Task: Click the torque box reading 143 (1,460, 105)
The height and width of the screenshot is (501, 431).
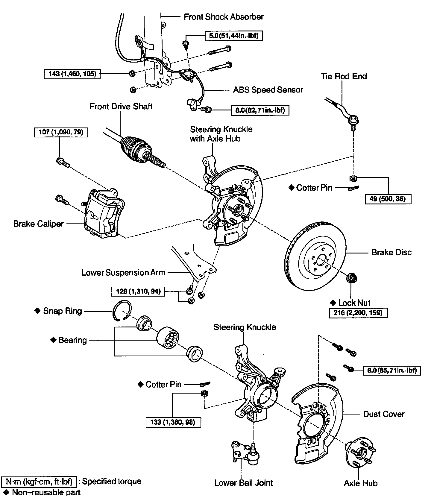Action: (x=72, y=74)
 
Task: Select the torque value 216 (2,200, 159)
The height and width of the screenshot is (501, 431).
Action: (x=358, y=313)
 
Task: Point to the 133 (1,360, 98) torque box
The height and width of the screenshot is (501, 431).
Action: (x=173, y=422)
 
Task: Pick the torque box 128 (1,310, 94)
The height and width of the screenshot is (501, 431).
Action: (x=138, y=291)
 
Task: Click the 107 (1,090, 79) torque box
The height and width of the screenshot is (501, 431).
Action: (x=61, y=132)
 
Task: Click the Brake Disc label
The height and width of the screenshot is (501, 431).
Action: (x=391, y=252)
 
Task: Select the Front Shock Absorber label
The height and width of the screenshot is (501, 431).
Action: (x=224, y=17)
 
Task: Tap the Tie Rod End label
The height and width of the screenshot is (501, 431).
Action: (x=344, y=76)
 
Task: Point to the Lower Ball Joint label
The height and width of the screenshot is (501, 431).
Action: (x=243, y=482)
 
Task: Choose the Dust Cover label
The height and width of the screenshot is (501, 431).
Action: (x=384, y=414)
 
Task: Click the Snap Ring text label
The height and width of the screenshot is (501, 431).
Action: (x=62, y=311)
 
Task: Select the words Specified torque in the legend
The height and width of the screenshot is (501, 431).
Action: (x=111, y=481)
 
